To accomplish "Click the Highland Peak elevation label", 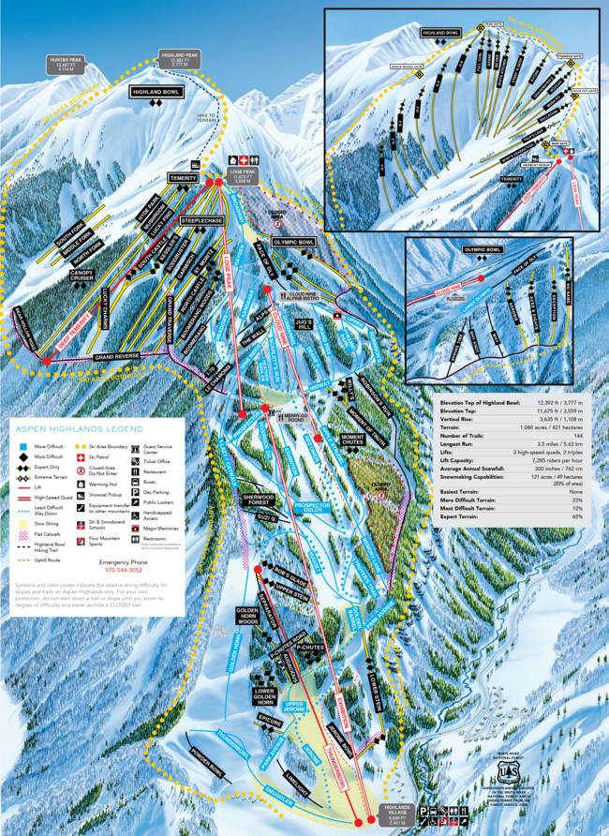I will (180, 58).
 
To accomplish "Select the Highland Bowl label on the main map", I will (155, 92).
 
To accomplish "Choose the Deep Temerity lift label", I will (49, 327).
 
